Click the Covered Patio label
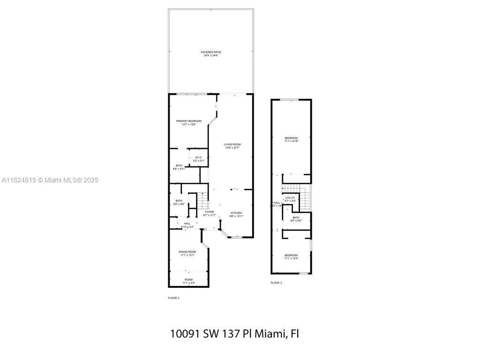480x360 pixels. tap(210, 53)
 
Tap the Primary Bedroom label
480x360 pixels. tap(189, 122)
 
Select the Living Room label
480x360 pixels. tap(232, 146)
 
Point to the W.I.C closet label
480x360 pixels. tap(199, 159)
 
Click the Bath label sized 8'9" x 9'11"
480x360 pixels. tap(179, 167)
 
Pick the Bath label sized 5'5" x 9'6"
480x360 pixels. tap(179, 202)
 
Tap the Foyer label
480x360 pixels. tap(210, 213)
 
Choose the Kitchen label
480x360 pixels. tap(236, 215)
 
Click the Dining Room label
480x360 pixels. tap(187, 254)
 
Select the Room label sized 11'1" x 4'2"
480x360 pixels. tap(188, 281)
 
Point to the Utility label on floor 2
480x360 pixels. tap(290, 199)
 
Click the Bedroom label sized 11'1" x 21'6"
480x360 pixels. tap(291, 139)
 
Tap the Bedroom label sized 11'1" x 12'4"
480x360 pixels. tap(291, 257)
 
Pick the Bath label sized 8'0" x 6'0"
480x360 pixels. tap(296, 219)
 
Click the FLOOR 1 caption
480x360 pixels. tap(173, 298)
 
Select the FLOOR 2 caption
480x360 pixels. tap(276, 283)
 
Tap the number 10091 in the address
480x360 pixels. tap(185, 334)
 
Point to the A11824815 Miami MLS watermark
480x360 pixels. tap(50, 180)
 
